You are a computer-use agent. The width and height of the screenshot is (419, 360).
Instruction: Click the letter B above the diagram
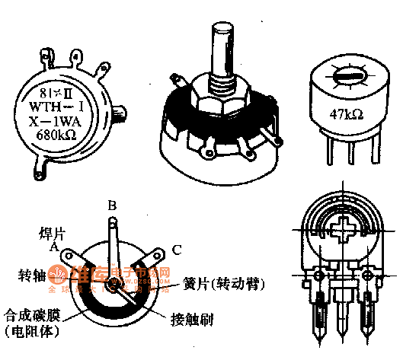pyautogui.click(x=111, y=205)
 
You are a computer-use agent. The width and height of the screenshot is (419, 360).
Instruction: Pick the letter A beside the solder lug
pyautogui.click(x=55, y=246)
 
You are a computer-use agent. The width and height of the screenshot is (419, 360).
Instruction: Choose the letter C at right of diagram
pyautogui.click(x=177, y=248)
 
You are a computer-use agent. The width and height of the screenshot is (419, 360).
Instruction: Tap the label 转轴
pyautogui.click(x=32, y=272)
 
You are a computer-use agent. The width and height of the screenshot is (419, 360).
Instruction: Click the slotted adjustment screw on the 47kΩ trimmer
pyautogui.click(x=347, y=78)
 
